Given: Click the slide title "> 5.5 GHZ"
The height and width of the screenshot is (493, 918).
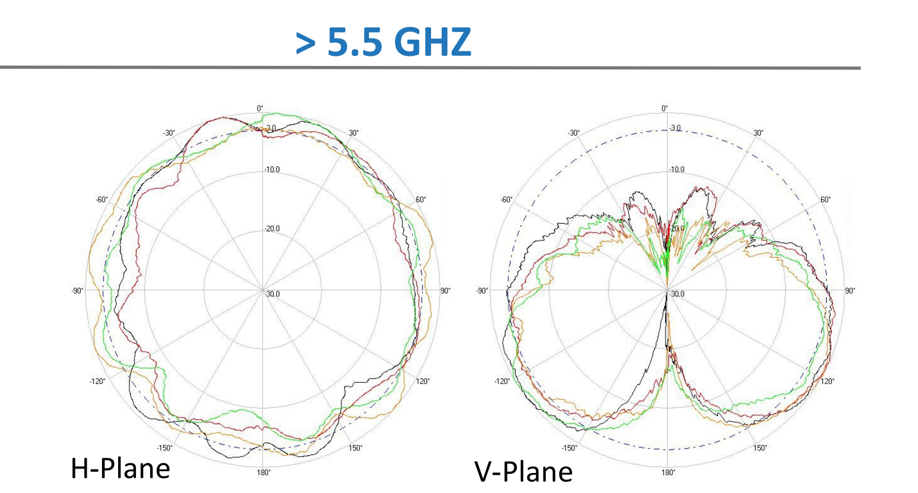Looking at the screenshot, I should [383, 42].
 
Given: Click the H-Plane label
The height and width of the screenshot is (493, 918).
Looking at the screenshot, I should [120, 468].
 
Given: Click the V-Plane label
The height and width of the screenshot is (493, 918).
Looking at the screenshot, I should [523, 472].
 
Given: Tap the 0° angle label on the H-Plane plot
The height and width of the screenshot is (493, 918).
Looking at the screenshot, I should [260, 108].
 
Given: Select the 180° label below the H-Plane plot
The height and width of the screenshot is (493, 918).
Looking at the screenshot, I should [264, 473].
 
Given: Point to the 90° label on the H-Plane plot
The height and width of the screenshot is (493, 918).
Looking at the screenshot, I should [445, 291].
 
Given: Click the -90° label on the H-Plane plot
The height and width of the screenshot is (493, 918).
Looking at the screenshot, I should [77, 291].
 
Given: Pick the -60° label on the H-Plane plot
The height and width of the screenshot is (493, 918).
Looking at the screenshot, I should [102, 200].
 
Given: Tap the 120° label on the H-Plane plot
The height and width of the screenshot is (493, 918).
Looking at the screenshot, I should [423, 381].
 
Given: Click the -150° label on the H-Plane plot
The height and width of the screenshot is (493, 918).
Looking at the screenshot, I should [165, 448].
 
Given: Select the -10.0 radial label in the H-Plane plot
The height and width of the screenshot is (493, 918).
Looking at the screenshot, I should [272, 169].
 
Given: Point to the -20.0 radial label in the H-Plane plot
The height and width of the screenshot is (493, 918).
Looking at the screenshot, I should [272, 229].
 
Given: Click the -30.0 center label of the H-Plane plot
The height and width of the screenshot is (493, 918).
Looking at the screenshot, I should [272, 294].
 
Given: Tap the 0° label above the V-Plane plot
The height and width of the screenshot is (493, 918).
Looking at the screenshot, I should [664, 108].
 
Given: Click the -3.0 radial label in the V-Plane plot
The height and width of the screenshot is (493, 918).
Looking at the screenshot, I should [675, 128].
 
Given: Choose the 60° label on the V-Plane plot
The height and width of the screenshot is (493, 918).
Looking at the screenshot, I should [826, 200].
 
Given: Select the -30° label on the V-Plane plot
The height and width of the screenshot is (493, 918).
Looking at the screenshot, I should [574, 133].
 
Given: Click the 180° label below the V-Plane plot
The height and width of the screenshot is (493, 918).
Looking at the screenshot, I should [668, 473].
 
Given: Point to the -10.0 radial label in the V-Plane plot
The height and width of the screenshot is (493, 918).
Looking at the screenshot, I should [677, 169].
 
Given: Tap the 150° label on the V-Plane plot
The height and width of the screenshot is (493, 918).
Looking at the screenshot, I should [760, 448].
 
